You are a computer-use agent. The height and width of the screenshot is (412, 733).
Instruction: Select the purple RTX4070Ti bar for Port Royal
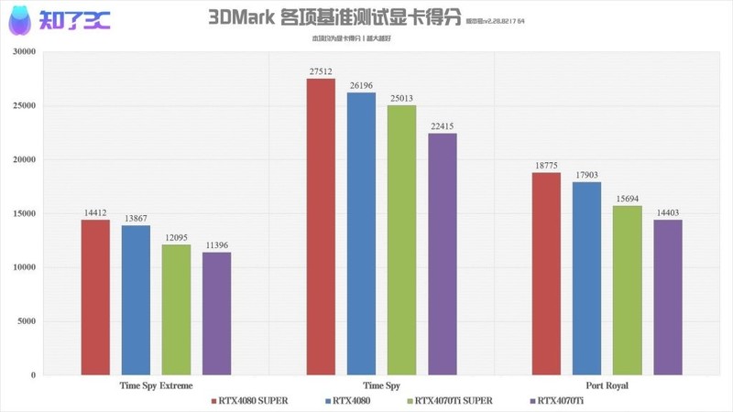[x=667, y=298]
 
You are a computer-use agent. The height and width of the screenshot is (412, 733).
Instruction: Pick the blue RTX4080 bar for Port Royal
[x=586, y=278]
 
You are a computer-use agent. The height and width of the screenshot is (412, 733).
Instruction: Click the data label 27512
[x=321, y=70]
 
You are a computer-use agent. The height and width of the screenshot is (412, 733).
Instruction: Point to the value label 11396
[x=216, y=244]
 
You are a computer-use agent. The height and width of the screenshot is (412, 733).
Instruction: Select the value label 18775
[x=546, y=165]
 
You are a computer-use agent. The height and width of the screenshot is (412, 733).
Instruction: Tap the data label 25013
[x=401, y=97]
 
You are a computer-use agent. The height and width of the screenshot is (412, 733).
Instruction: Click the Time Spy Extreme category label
[x=156, y=386]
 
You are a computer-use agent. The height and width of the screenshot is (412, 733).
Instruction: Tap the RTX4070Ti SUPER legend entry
[x=454, y=400]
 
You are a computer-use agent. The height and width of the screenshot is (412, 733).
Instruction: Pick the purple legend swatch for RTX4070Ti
[x=532, y=400]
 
